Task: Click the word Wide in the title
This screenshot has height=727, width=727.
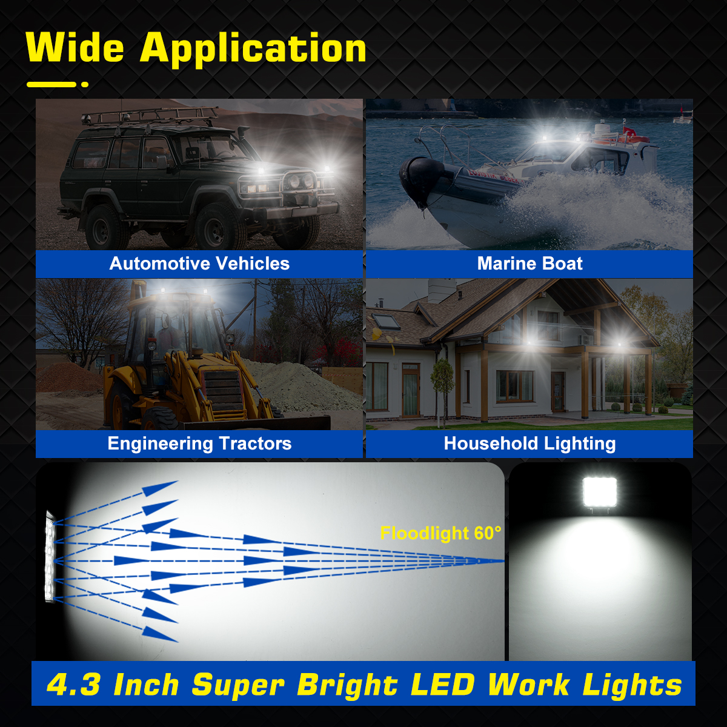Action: click(75, 48)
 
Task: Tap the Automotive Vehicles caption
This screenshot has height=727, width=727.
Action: click(199, 264)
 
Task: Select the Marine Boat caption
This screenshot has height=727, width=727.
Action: click(529, 264)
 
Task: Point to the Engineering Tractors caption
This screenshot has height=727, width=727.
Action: click(199, 443)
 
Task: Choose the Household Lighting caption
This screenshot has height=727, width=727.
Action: click(529, 443)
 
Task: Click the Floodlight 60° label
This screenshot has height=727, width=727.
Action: click(440, 533)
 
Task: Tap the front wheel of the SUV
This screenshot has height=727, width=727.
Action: click(214, 229)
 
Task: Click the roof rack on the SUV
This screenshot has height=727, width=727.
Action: click(151, 115)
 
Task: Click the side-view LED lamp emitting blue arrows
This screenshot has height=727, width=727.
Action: click(50, 556)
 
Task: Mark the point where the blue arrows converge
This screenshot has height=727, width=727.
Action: click(502, 561)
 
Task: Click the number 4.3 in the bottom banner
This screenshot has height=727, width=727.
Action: click(73, 685)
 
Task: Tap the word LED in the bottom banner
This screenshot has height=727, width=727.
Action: click(442, 685)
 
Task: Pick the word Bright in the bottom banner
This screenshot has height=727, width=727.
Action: click(347, 685)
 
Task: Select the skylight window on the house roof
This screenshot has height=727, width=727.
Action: click(386, 320)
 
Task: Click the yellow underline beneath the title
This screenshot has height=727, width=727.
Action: click(52, 84)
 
